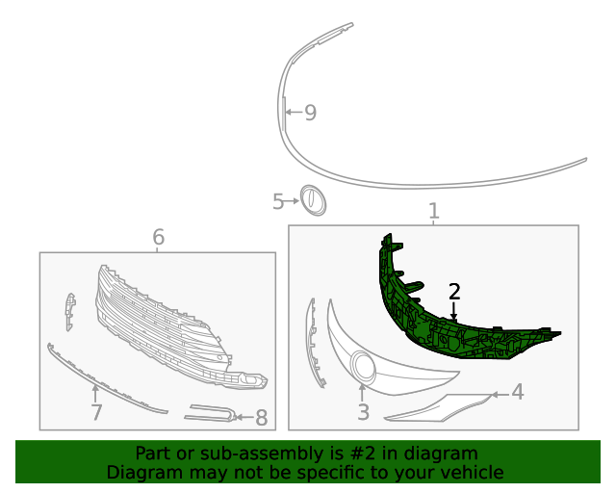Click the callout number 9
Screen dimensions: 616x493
(310, 113)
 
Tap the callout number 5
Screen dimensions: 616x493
(278, 201)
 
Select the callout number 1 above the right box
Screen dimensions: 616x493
(434, 211)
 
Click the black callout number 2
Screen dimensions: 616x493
(454, 292)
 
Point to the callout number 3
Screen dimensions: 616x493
(364, 412)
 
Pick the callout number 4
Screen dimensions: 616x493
(518, 392)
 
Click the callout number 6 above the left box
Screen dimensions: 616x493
(158, 237)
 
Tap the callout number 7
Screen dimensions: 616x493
(96, 412)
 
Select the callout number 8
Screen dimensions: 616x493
(262, 418)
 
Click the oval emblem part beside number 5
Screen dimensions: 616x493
(313, 200)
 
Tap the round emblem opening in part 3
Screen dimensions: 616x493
(364, 367)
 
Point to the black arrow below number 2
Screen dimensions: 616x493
(454, 311)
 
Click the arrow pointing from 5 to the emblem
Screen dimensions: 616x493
(292, 201)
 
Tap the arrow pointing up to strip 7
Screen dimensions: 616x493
(95, 394)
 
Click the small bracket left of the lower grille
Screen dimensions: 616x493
(70, 312)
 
